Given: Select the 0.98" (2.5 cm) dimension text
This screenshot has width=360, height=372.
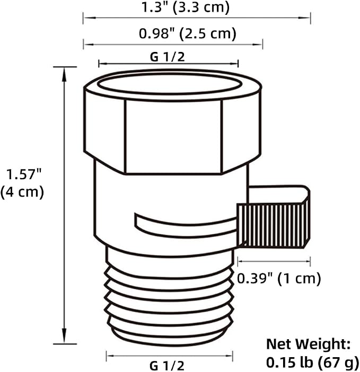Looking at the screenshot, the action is [x=188, y=33].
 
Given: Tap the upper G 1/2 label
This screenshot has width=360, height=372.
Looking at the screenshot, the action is [x=168, y=57].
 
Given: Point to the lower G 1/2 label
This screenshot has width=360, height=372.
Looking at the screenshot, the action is [x=167, y=366].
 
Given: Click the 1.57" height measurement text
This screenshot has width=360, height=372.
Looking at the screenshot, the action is [x=24, y=174].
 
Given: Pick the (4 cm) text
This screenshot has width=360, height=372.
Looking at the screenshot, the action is [x=22, y=192].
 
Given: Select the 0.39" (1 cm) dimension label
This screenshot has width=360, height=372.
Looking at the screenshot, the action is [x=279, y=278].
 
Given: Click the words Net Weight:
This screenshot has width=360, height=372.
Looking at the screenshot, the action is [x=308, y=344].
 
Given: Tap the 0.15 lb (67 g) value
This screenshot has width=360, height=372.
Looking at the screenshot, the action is [x=312, y=362].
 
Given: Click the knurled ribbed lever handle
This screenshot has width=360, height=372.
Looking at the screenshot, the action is [x=273, y=225].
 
